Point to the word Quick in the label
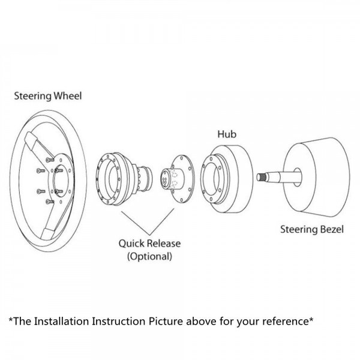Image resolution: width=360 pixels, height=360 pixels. coord(132,244)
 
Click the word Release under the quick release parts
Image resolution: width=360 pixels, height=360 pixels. coord(163,244)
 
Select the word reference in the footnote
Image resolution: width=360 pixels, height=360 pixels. coord(284,321)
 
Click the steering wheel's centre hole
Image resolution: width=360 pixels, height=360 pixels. coord(61,173)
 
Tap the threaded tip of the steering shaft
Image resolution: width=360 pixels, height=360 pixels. coord(263,177)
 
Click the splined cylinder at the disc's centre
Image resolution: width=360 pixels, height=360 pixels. coord(167,178)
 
